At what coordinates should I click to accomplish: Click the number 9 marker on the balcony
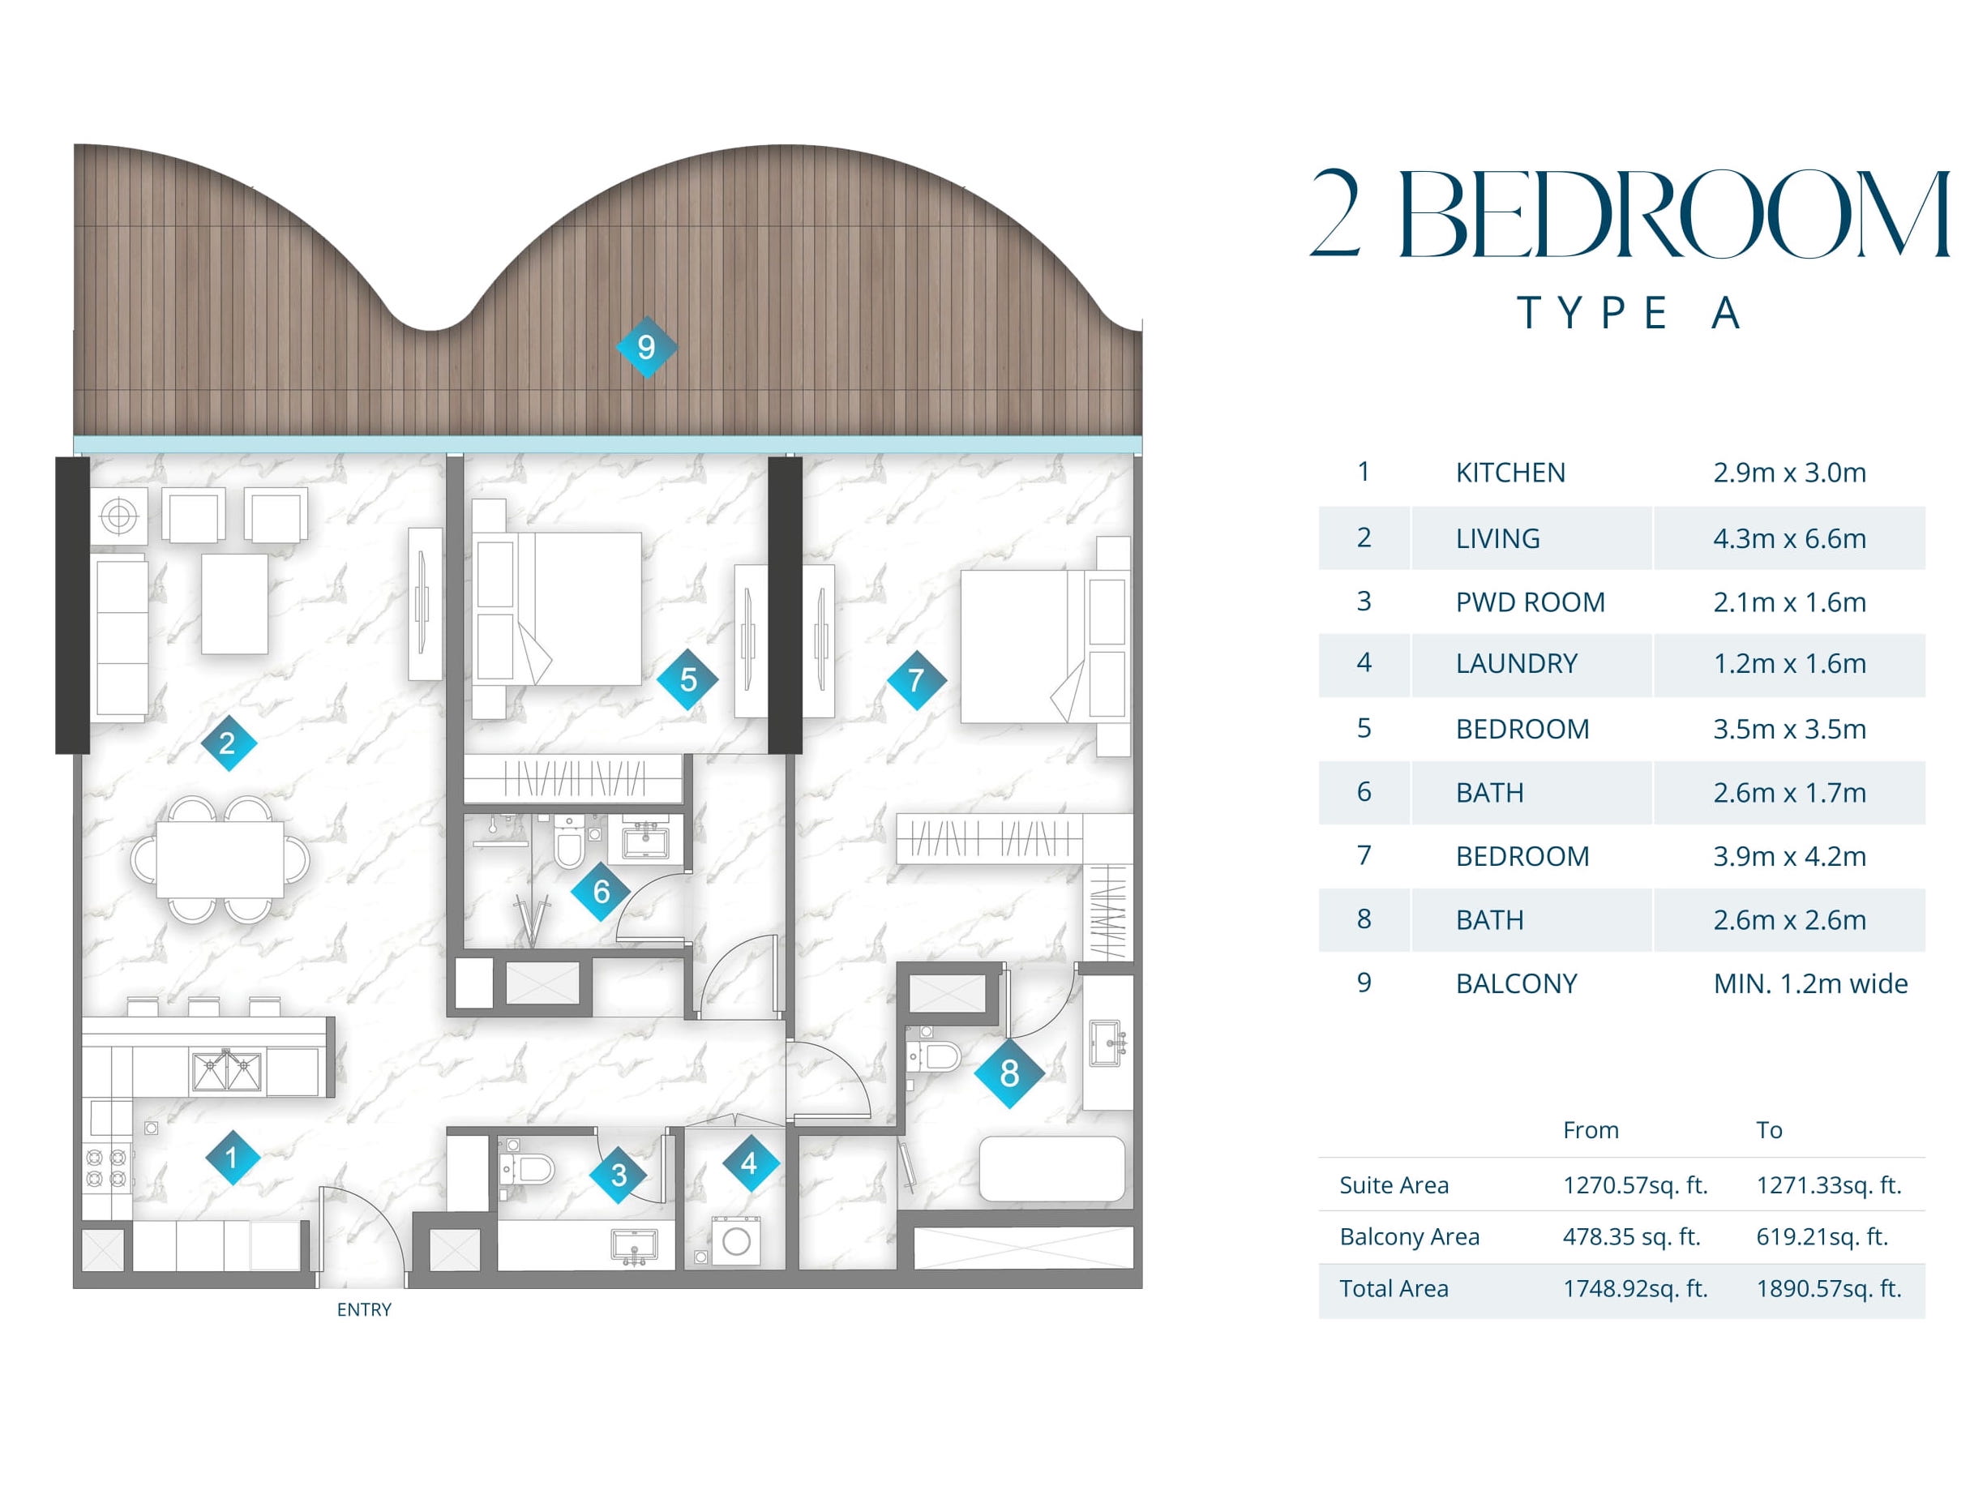point(646,347)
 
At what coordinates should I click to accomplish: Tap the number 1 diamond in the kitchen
point(232,1157)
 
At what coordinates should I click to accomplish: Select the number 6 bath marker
point(601,891)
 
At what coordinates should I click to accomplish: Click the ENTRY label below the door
point(364,1310)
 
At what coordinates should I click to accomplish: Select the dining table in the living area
point(220,859)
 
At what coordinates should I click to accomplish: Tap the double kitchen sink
point(227,1073)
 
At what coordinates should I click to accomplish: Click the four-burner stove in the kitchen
point(106,1168)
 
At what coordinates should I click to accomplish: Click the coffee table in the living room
point(234,604)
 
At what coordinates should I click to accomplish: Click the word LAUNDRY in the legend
point(1516,664)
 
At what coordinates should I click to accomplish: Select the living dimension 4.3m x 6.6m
point(1789,538)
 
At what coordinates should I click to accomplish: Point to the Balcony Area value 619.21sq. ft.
point(1822,1237)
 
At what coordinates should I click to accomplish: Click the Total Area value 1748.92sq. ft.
point(1636,1289)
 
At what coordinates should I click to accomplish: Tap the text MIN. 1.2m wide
point(1811,984)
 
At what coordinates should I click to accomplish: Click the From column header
point(1591,1130)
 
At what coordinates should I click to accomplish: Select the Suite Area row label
point(1394,1186)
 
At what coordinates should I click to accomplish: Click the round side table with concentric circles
point(118,516)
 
